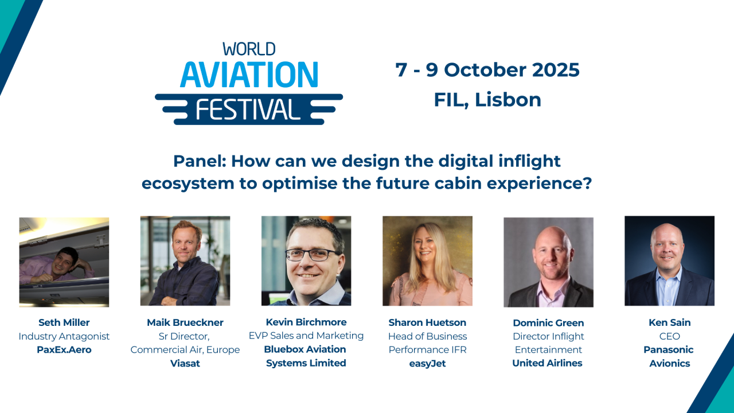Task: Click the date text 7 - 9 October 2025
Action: [487, 70]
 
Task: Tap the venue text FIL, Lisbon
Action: [487, 100]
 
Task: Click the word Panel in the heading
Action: [199, 161]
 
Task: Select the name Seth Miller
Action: [64, 322]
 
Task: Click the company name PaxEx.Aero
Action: [64, 349]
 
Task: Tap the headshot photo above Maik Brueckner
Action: [185, 261]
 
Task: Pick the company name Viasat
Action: [185, 363]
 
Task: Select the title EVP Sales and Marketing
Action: [306, 336]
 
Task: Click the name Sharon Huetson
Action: [427, 322]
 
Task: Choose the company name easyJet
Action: [427, 363]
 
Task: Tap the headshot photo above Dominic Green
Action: [548, 262]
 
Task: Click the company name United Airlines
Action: [547, 363]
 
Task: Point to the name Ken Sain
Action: [669, 322]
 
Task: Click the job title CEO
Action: [669, 336]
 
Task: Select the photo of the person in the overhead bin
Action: [64, 262]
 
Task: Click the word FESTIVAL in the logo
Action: [249, 109]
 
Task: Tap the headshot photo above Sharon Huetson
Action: [427, 261]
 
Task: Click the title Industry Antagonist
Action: [64, 336]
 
